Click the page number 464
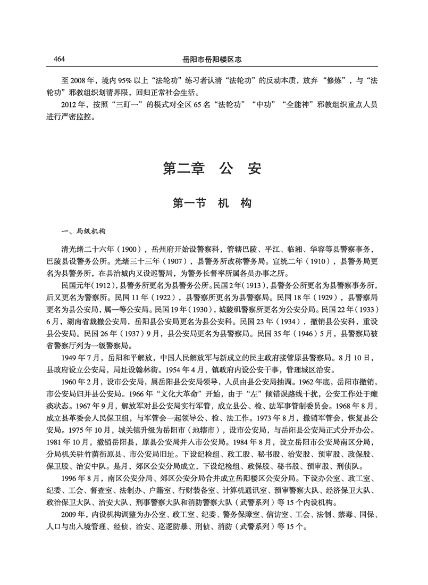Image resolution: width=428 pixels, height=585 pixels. (55, 59)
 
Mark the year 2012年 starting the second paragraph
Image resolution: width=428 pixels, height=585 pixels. (73, 104)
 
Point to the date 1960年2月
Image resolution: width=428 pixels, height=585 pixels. (78, 381)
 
